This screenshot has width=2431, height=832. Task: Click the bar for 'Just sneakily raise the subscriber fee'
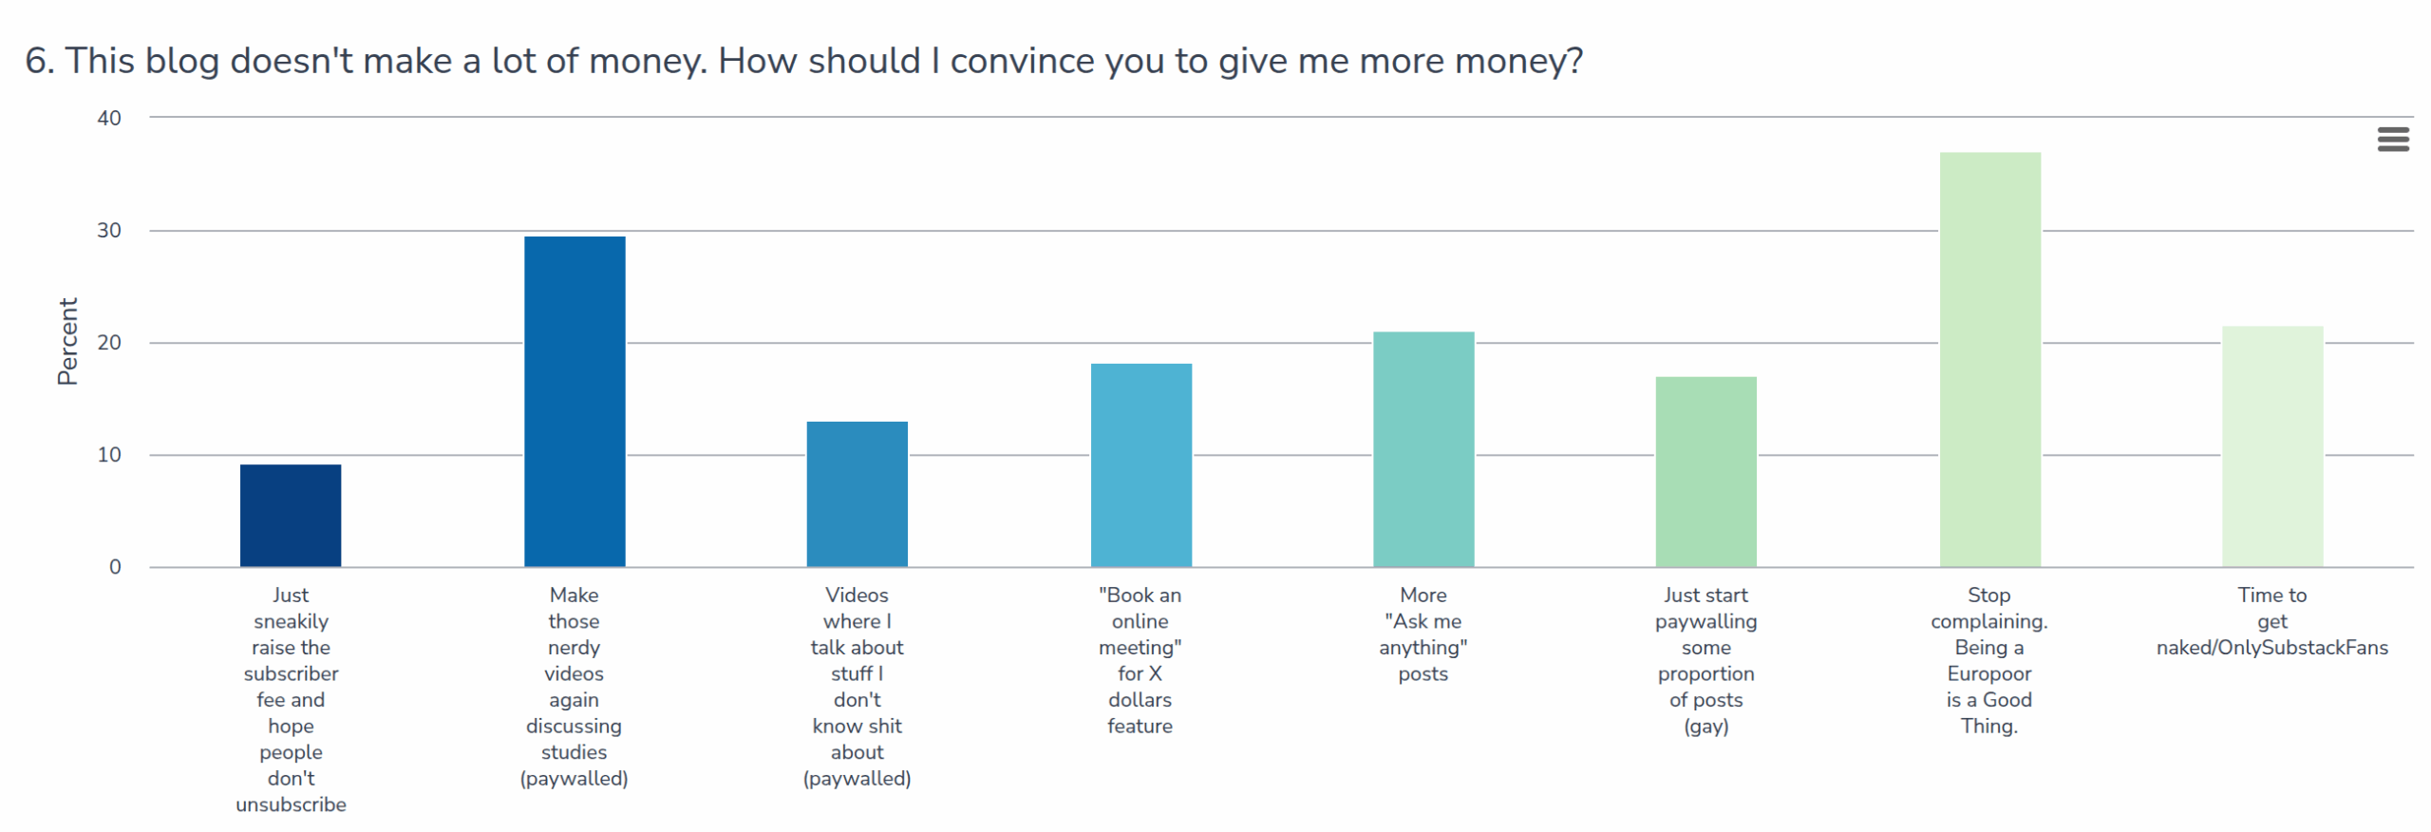pos(290,515)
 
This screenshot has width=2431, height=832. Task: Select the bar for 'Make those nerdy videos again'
pos(574,401)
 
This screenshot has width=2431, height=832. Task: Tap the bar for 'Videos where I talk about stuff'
pos(857,494)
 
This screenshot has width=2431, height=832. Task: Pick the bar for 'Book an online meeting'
pos(1140,464)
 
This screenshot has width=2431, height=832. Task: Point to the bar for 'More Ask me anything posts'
pos(1423,448)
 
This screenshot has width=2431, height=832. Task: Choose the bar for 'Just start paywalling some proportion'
pos(1705,471)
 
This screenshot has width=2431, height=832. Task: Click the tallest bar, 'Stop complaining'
pos(1988,359)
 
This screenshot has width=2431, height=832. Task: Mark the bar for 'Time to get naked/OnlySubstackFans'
pos(2271,445)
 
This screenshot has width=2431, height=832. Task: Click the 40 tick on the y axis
pos(109,119)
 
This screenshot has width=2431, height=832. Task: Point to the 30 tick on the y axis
pos(109,231)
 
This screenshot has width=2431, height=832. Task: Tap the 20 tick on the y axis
pos(109,343)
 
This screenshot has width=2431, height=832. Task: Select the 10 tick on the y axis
pos(109,455)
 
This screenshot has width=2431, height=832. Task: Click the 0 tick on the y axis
pos(115,567)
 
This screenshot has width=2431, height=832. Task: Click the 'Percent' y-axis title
pos(67,341)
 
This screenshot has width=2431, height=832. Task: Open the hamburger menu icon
pos(2392,140)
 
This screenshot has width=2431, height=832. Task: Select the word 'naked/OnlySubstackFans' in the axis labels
pos(2271,648)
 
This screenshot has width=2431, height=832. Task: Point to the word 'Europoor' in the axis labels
pos(1988,674)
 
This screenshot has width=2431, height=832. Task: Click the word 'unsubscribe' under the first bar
pos(291,805)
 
